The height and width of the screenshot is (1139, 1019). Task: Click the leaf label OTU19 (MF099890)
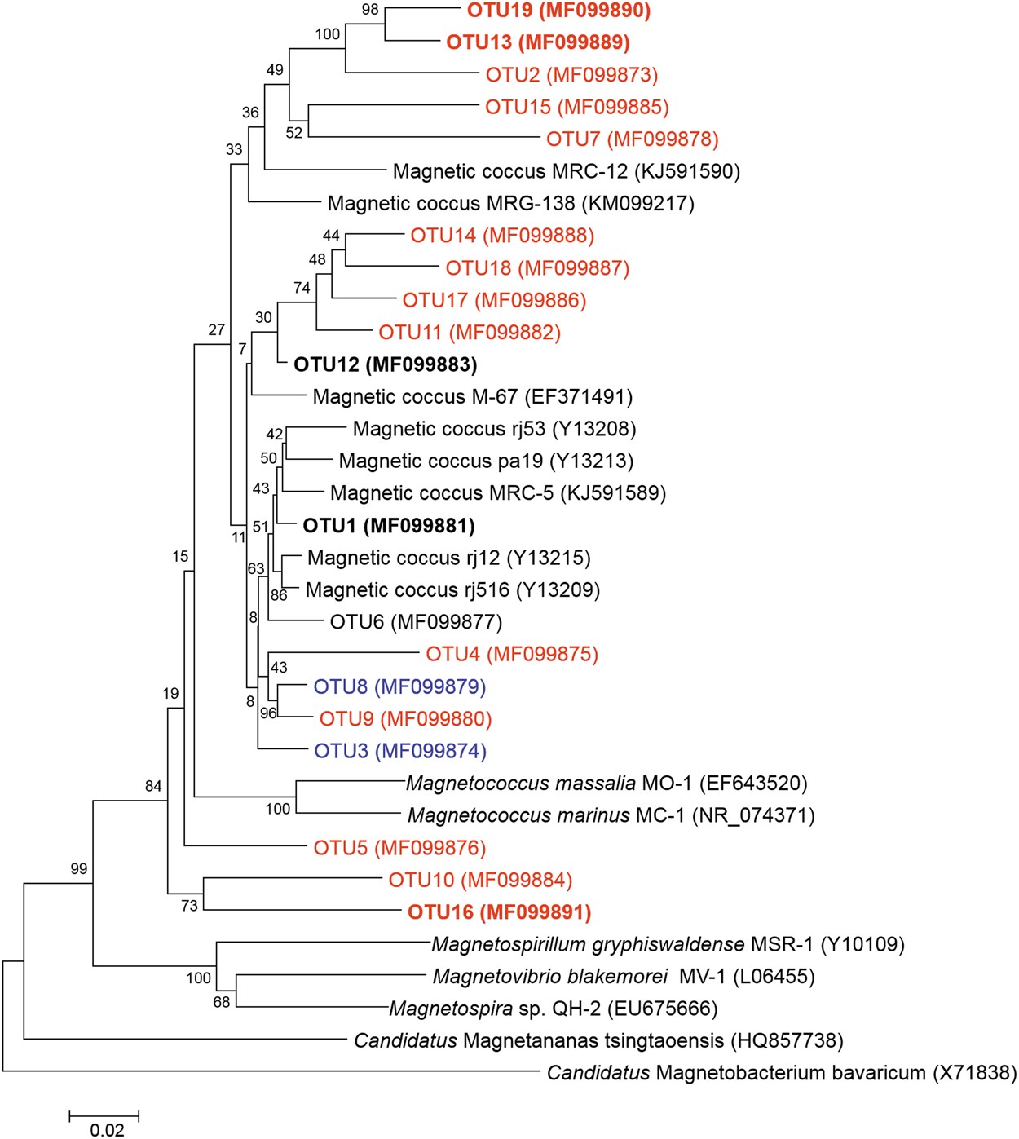(x=558, y=11)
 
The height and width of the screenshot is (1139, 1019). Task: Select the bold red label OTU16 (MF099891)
(x=499, y=912)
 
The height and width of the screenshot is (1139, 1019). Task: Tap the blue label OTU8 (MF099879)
(x=399, y=686)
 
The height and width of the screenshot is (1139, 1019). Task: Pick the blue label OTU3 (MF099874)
(x=400, y=751)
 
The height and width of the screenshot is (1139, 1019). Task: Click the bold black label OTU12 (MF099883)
(x=385, y=364)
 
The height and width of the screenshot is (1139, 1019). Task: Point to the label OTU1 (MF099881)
(x=388, y=526)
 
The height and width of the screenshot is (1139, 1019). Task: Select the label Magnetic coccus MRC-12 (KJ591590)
(x=567, y=171)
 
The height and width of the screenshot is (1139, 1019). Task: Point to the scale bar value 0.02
(x=107, y=1129)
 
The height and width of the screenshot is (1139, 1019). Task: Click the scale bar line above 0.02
(x=104, y=1115)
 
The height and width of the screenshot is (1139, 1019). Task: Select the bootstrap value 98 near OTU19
(x=370, y=11)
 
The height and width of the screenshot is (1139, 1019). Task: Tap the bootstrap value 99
(x=78, y=868)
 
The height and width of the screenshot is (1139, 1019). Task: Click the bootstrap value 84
(x=153, y=786)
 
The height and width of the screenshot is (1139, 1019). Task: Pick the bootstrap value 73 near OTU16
(x=189, y=905)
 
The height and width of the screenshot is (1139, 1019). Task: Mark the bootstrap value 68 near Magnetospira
(x=222, y=1002)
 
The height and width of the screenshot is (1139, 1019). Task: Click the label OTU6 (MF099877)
(x=416, y=622)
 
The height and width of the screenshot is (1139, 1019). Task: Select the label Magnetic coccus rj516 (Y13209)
(x=452, y=590)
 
